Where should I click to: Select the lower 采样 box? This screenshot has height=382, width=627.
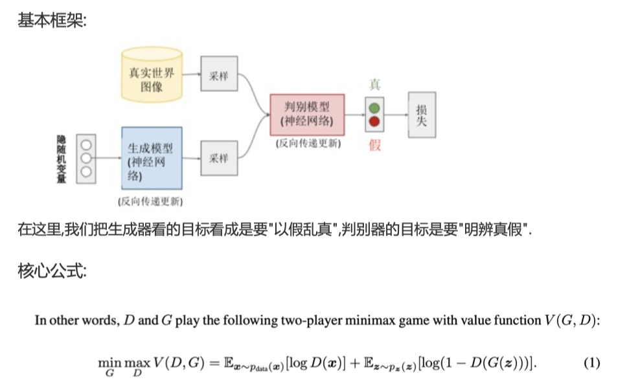click(219, 157)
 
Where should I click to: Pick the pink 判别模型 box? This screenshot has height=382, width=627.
click(307, 115)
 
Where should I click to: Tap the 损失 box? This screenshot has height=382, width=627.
click(422, 114)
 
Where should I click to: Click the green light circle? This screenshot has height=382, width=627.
click(374, 107)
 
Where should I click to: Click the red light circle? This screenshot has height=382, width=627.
click(374, 122)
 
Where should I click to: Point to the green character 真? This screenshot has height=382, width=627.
click(374, 85)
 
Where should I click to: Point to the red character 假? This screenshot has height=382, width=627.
click(375, 144)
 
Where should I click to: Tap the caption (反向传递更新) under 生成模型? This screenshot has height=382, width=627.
click(150, 201)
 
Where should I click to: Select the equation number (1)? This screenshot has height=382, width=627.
click(592, 363)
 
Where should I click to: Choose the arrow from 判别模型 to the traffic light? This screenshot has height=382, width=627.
click(354, 115)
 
